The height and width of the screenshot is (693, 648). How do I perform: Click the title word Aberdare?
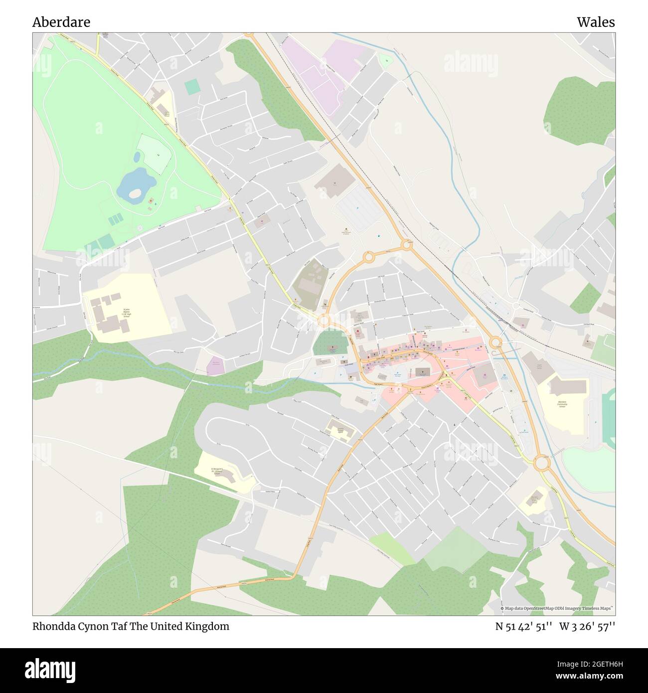(61, 22)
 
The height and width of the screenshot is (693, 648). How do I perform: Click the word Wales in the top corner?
(596, 22)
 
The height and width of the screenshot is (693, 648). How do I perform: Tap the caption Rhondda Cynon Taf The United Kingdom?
(131, 626)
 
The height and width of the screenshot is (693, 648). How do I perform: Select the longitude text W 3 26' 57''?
(587, 626)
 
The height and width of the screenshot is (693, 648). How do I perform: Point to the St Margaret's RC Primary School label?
(217, 471)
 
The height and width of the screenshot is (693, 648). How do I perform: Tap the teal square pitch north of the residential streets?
(191, 87)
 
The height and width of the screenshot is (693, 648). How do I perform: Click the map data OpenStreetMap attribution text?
(557, 608)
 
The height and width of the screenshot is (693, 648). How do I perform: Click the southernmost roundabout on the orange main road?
(542, 463)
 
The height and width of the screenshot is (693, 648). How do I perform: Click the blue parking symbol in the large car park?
(357, 207)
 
